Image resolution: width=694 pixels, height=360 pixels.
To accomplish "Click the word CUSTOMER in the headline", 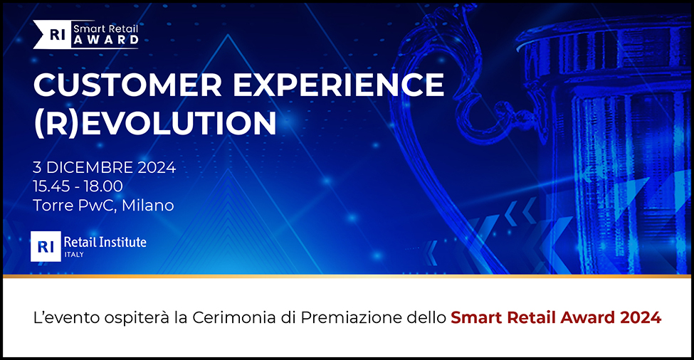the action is pyautogui.click(x=127, y=85).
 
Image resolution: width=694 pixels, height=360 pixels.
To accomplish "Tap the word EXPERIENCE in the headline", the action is pyautogui.click(x=338, y=85).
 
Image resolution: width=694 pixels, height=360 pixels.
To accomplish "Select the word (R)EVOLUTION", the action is pyautogui.click(x=155, y=122).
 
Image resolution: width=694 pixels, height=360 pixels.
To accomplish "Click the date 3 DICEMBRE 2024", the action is pyautogui.click(x=105, y=168).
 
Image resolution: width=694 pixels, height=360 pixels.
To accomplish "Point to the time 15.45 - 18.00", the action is pyautogui.click(x=78, y=186).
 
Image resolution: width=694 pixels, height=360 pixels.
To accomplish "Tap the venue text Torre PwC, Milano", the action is pyautogui.click(x=104, y=205).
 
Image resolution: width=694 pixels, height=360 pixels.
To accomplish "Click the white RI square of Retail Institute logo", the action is pyautogui.click(x=46, y=246).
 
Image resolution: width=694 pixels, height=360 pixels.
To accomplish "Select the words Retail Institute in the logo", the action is pyautogui.click(x=105, y=242).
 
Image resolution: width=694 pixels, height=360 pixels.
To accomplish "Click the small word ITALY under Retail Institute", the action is pyautogui.click(x=74, y=255).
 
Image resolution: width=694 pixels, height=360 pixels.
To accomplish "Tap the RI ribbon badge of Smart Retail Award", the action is pyautogui.click(x=52, y=34).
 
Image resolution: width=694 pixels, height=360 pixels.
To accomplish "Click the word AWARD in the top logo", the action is pyautogui.click(x=106, y=41).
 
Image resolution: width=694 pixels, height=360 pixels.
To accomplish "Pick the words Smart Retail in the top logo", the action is pyautogui.click(x=106, y=28).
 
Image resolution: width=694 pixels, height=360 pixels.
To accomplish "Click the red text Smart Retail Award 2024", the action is pyautogui.click(x=556, y=317).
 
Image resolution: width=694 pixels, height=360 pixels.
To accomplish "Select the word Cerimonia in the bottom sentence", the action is pyautogui.click(x=234, y=317).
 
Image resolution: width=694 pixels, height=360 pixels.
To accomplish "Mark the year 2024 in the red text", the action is pyautogui.click(x=641, y=317).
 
